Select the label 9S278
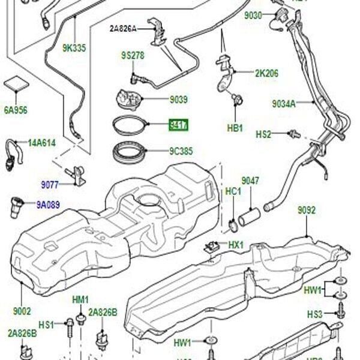[x=133, y=55]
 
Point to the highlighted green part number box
[x=179, y=125]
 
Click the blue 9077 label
[x=50, y=184]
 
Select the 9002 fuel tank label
[x=22, y=312]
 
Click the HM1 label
[x=80, y=299]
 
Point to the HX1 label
[x=236, y=245]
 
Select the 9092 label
[x=307, y=211]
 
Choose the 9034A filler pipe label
[x=284, y=103]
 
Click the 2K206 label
[x=266, y=73]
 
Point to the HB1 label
[x=235, y=128]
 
